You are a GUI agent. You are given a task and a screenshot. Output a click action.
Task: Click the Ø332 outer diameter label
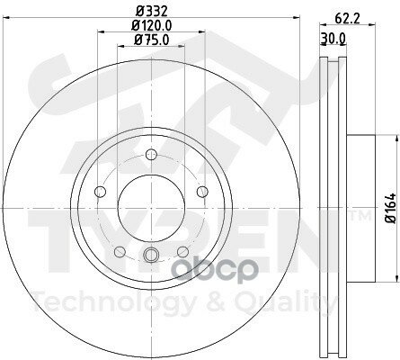[147, 12]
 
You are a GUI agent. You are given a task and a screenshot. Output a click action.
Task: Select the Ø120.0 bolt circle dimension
[147, 25]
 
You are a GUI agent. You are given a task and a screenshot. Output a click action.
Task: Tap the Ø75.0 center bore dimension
[147, 39]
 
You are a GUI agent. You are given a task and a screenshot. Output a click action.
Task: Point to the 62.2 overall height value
[342, 15]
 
